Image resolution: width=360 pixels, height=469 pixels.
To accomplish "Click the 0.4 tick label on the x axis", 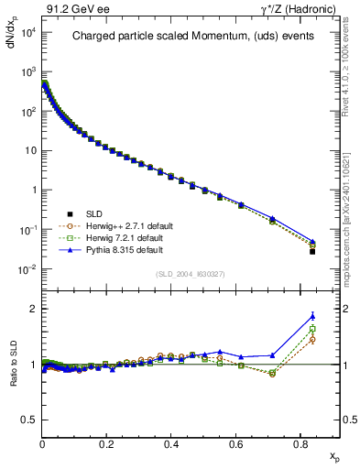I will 171,443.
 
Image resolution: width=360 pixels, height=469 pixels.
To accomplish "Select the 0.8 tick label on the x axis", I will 300,443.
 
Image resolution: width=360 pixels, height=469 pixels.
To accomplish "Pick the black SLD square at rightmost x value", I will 312,251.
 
